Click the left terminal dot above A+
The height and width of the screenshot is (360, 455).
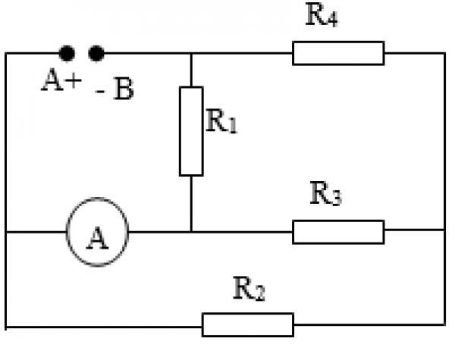point(67,53)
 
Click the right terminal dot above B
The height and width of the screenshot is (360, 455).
point(96,53)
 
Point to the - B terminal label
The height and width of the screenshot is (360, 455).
point(115,89)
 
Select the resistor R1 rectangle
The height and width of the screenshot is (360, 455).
point(191,131)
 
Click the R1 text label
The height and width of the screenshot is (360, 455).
point(222,121)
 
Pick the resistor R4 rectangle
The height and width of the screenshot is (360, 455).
point(338,53)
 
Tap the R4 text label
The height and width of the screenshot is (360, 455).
point(321,17)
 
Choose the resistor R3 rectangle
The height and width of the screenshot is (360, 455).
point(338,232)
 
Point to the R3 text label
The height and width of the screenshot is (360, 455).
point(327,195)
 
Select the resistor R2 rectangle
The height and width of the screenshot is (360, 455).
point(247,324)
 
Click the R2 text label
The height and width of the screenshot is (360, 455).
point(247,289)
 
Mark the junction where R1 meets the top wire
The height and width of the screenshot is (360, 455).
point(191,53)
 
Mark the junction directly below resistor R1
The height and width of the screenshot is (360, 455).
point(191,232)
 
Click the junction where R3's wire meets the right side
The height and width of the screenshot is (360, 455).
point(444,232)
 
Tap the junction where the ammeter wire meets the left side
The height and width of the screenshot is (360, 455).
point(6,232)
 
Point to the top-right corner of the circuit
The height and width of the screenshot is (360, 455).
point(444,53)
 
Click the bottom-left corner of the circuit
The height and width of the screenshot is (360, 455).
point(6,326)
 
